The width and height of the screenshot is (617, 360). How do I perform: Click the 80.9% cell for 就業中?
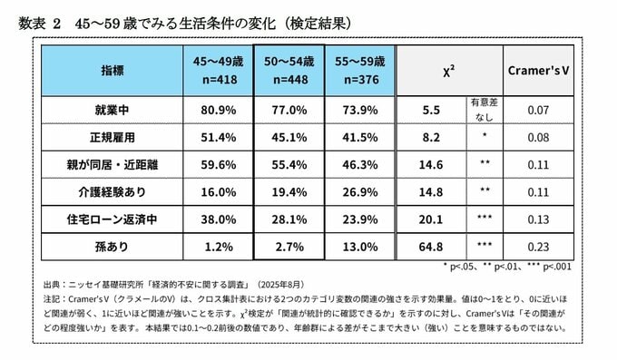click(219, 110)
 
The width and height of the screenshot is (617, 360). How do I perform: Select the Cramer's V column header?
click(538, 71)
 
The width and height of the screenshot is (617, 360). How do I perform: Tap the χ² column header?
click(449, 72)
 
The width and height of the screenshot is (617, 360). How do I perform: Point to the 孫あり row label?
click(112, 247)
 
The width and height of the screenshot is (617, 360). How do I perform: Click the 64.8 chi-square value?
click(431, 247)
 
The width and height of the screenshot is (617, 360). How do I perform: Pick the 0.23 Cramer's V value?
click(538, 247)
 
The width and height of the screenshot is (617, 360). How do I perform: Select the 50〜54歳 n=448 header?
click(289, 71)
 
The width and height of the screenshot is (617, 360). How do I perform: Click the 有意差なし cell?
click(485, 110)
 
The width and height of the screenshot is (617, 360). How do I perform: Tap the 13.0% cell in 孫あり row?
click(360, 247)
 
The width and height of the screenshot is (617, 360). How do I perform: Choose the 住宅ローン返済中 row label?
click(112, 219)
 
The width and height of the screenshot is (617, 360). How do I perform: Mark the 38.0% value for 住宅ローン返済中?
click(219, 219)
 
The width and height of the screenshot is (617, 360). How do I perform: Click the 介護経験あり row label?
click(112, 192)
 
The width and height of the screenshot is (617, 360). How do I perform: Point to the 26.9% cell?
click(360, 192)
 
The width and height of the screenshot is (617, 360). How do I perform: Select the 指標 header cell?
click(113, 71)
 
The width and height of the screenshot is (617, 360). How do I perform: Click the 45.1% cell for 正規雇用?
click(289, 137)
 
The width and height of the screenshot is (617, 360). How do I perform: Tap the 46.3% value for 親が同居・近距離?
click(360, 164)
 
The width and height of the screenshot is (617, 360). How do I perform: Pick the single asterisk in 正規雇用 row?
click(485, 135)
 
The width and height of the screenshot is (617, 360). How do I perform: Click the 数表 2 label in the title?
click(39, 24)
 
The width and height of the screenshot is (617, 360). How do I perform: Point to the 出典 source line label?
click(52, 285)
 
